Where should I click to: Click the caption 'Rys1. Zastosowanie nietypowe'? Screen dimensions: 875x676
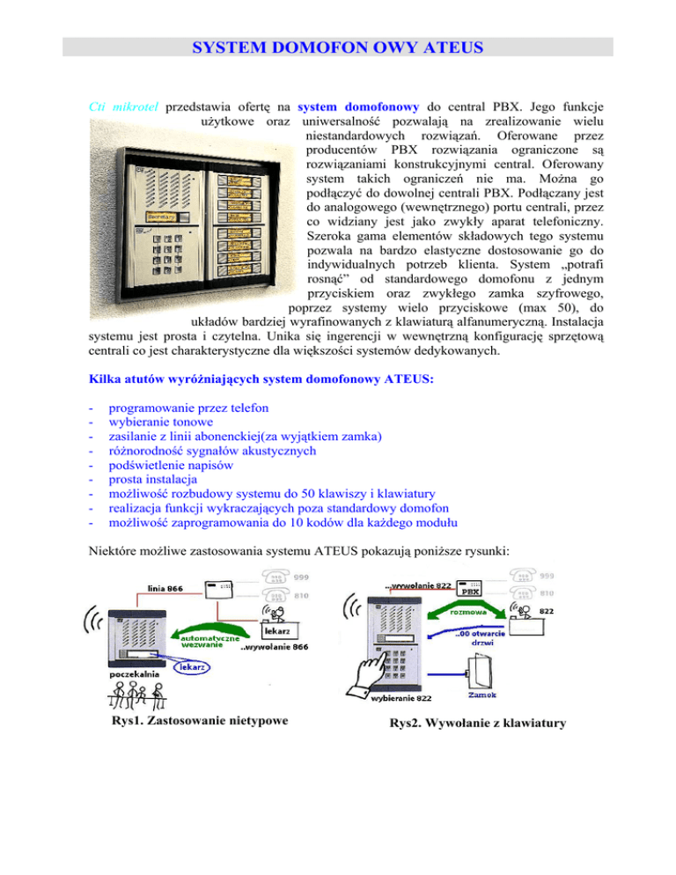point(194,724)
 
